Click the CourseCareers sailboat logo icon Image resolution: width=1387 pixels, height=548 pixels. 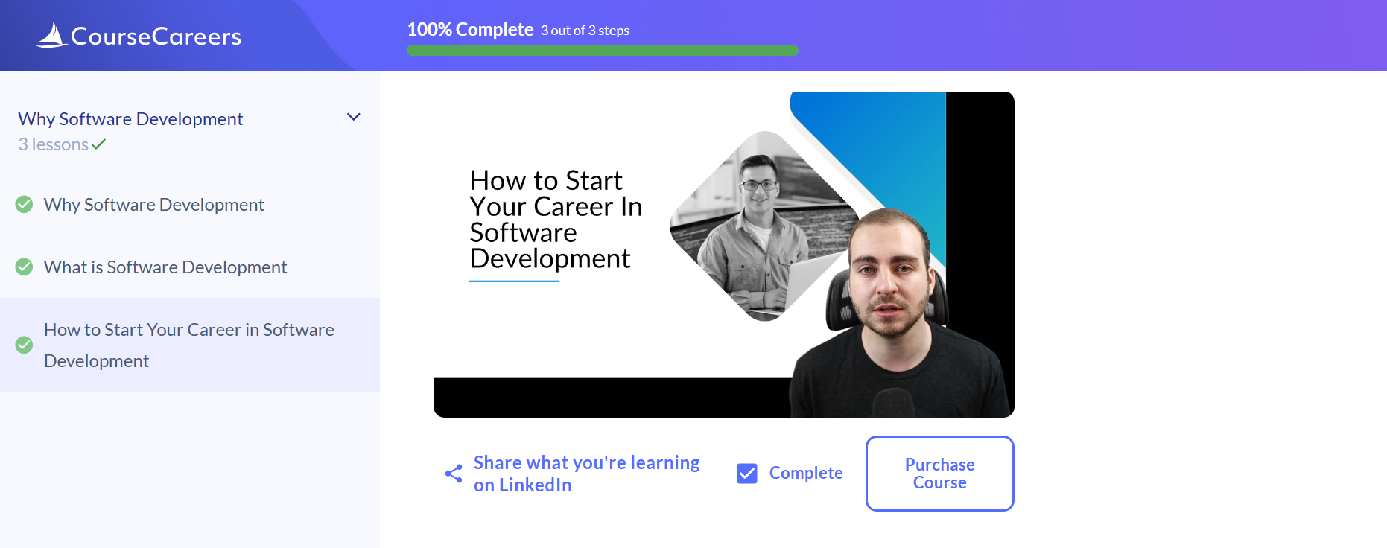(52, 35)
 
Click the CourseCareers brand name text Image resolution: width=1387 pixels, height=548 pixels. (156, 36)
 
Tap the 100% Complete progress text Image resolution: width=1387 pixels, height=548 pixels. (470, 29)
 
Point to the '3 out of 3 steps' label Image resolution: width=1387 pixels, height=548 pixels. (585, 31)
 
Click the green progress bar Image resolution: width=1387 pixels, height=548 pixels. (603, 51)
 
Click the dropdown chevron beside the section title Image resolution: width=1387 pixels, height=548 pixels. (354, 117)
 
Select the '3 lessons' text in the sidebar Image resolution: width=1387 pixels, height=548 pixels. (54, 144)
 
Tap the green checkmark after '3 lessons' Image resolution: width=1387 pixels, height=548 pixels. (98, 144)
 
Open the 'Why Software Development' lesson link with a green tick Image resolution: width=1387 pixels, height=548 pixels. (153, 205)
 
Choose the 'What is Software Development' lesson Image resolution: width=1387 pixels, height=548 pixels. (165, 267)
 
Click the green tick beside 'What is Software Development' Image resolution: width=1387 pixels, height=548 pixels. (24, 267)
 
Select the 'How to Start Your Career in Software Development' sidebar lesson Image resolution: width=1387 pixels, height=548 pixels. (189, 345)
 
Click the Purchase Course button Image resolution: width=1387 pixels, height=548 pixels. (939, 474)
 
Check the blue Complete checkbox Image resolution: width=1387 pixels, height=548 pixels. (747, 474)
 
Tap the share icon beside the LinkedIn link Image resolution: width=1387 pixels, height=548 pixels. (454, 474)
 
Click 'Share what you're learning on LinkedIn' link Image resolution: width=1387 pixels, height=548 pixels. (586, 474)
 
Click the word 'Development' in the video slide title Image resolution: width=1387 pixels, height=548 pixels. (550, 258)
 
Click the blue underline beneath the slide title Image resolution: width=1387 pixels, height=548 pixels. (514, 281)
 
